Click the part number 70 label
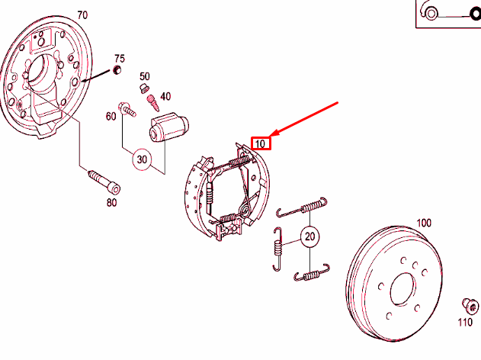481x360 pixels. click(x=82, y=14)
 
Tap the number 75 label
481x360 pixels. click(x=119, y=58)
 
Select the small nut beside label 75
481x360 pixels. click(x=117, y=71)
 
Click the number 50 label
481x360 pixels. click(x=145, y=76)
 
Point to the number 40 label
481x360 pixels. click(x=165, y=96)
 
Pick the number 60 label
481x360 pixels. click(x=111, y=116)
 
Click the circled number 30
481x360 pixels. click(x=142, y=159)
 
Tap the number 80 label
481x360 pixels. click(x=111, y=202)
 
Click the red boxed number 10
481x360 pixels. click(x=261, y=143)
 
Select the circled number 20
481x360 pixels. click(x=309, y=237)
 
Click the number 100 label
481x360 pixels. click(x=423, y=223)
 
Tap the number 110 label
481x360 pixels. click(x=464, y=323)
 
